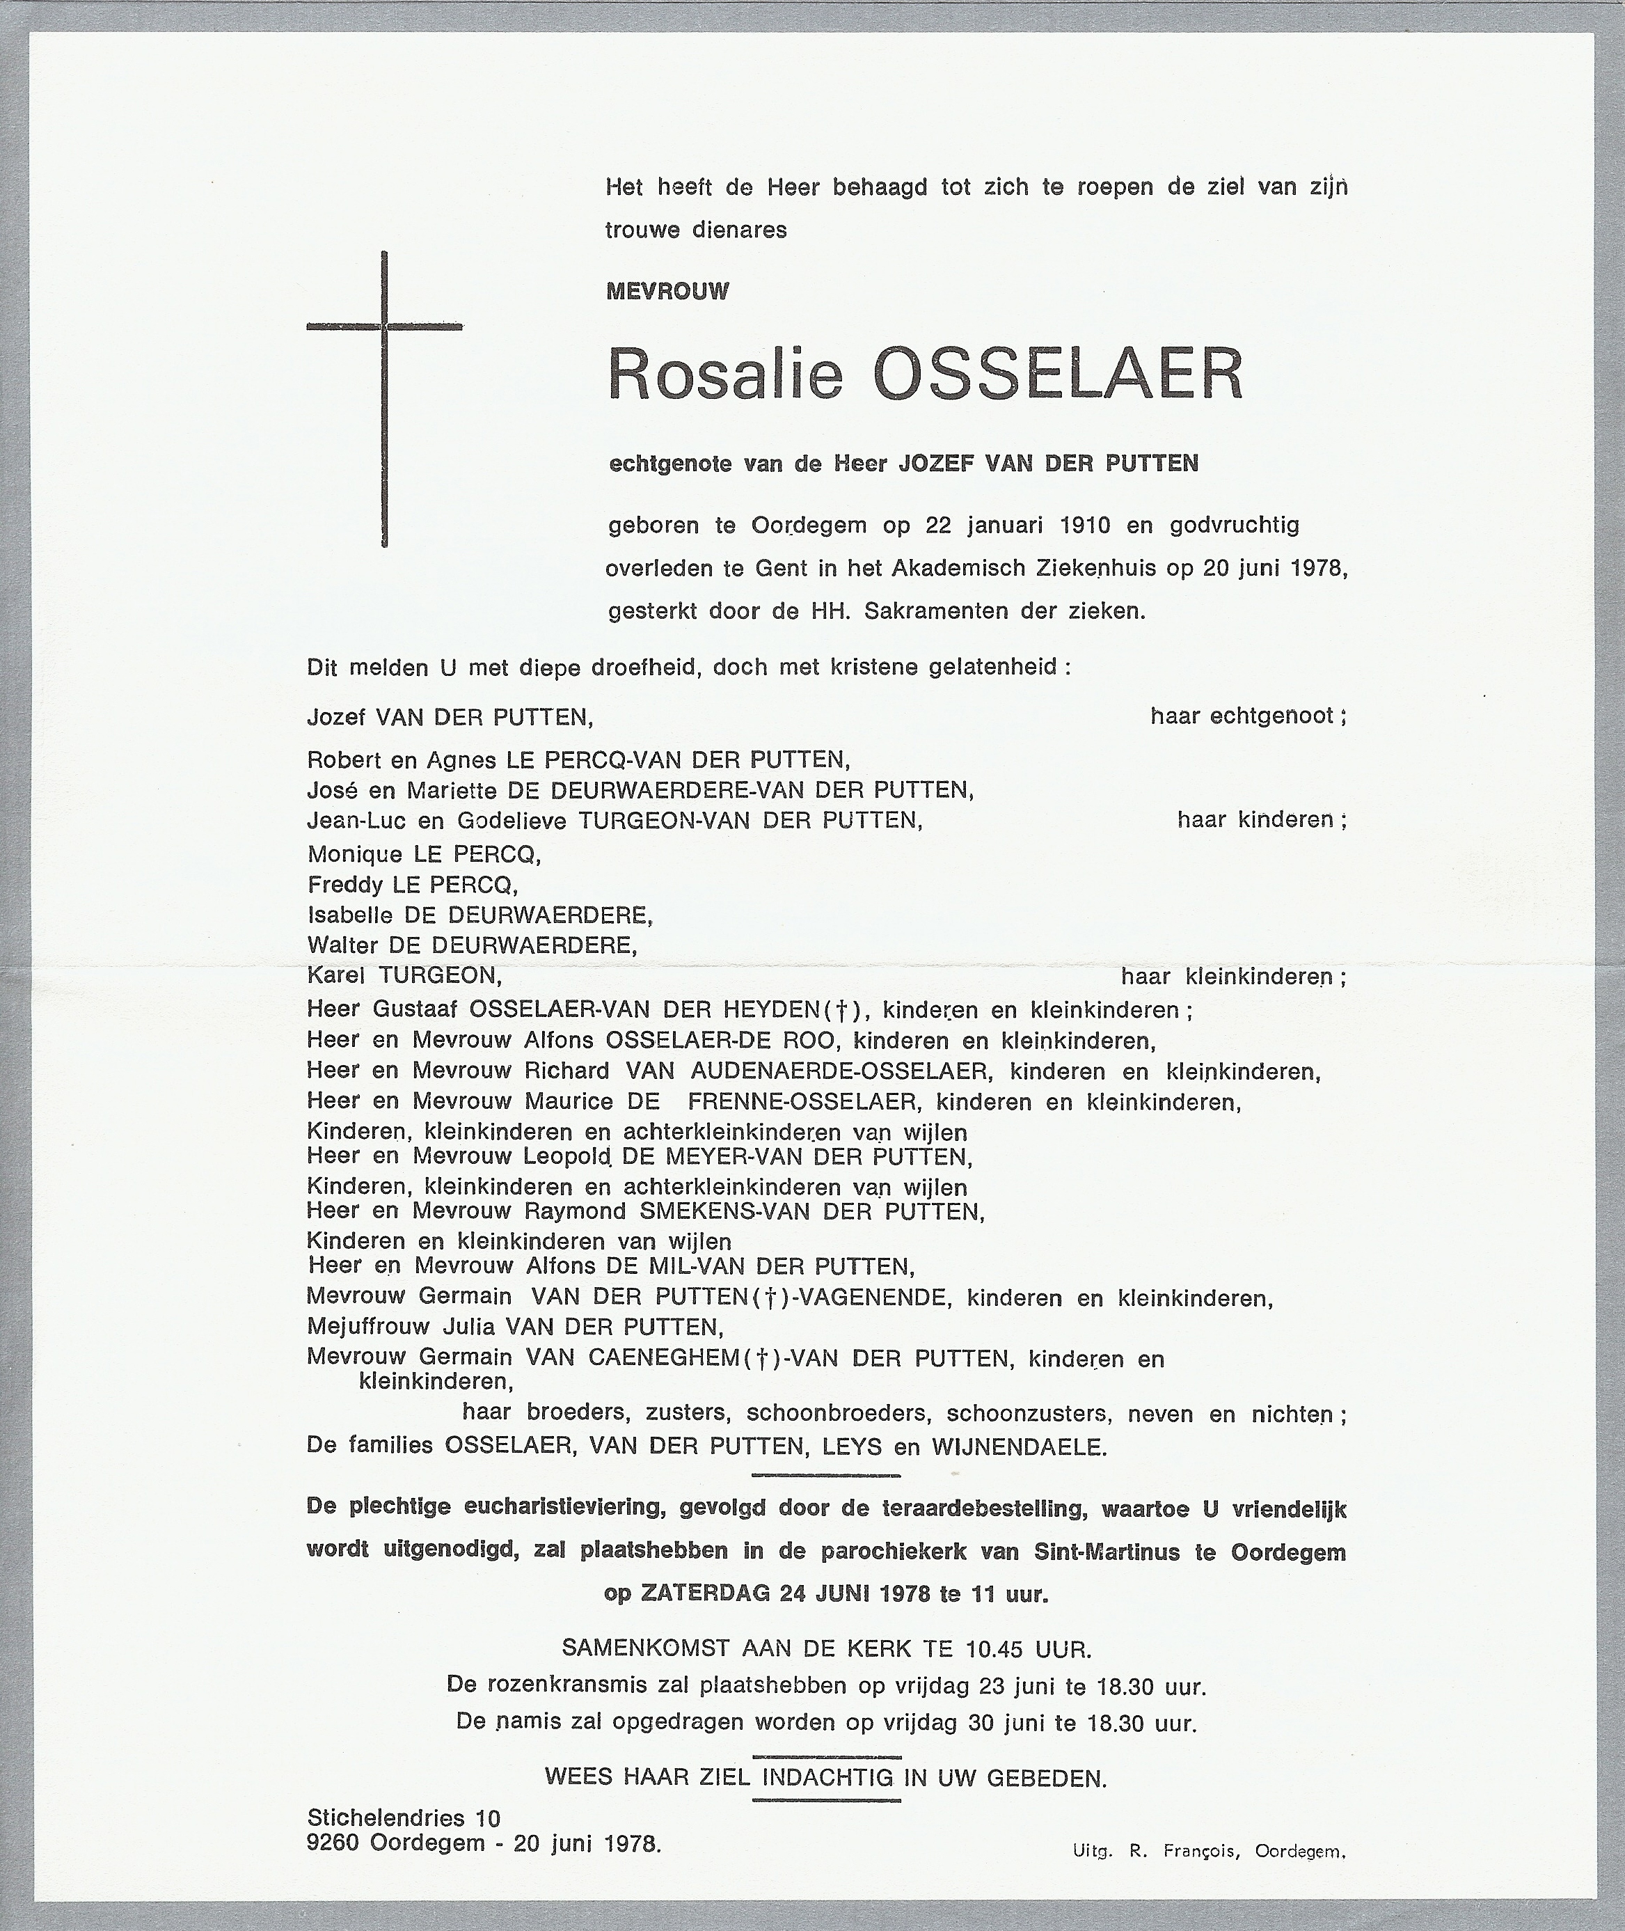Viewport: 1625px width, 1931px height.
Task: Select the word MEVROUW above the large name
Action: (667, 292)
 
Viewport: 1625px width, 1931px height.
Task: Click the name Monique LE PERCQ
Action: (424, 854)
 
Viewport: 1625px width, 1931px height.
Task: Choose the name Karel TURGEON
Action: (404, 976)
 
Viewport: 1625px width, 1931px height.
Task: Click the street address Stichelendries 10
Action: (404, 1818)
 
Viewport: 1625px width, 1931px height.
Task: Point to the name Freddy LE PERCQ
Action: (412, 885)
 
